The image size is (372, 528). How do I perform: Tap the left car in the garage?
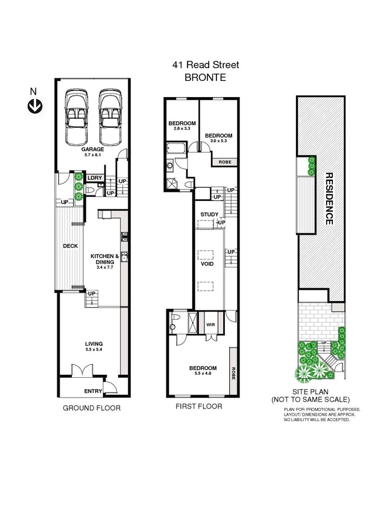[x=77, y=110]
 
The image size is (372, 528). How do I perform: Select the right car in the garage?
[x=110, y=110]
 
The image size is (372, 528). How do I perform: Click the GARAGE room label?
[x=93, y=148]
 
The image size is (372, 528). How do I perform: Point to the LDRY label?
[x=94, y=178]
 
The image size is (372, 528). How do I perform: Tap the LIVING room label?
[x=93, y=344]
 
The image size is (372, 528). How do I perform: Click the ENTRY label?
[x=93, y=391]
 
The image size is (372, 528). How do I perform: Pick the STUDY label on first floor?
[x=209, y=214]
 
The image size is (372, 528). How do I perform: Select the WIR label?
[x=210, y=324]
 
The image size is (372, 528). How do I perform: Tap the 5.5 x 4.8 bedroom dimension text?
[x=203, y=374]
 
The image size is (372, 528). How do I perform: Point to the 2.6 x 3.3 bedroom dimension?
[x=181, y=129]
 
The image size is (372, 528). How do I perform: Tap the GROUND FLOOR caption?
[x=92, y=408]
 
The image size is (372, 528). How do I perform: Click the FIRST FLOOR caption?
[x=199, y=407]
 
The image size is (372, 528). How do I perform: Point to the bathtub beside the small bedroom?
[x=177, y=148]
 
